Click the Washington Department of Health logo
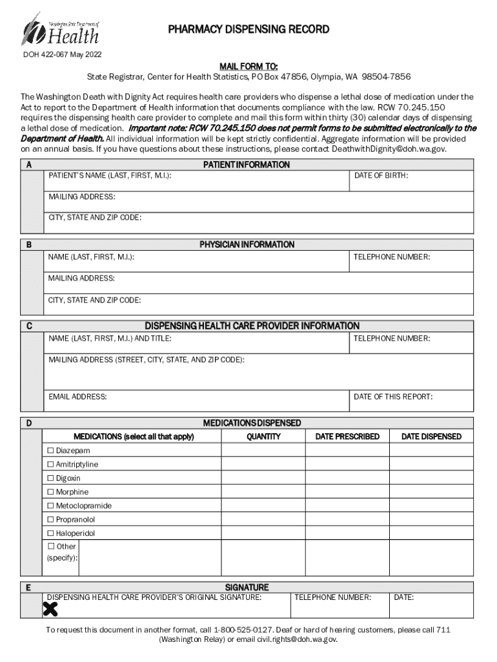[61, 28]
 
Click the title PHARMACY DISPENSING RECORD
[249, 30]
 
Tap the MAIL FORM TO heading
[249, 66]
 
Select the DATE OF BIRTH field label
[381, 176]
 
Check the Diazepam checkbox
[51, 451]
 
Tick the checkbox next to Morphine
[51, 492]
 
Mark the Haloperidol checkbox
[51, 534]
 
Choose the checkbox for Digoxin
[51, 478]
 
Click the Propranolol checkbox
[51, 520]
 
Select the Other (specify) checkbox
[51, 547]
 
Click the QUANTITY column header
[263, 437]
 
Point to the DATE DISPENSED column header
[431, 437]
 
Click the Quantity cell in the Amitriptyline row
[263, 465]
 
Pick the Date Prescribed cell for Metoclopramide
[347, 506]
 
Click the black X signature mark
[50, 608]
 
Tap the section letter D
[30, 423]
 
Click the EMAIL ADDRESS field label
[77, 397]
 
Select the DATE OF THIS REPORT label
[393, 397]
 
